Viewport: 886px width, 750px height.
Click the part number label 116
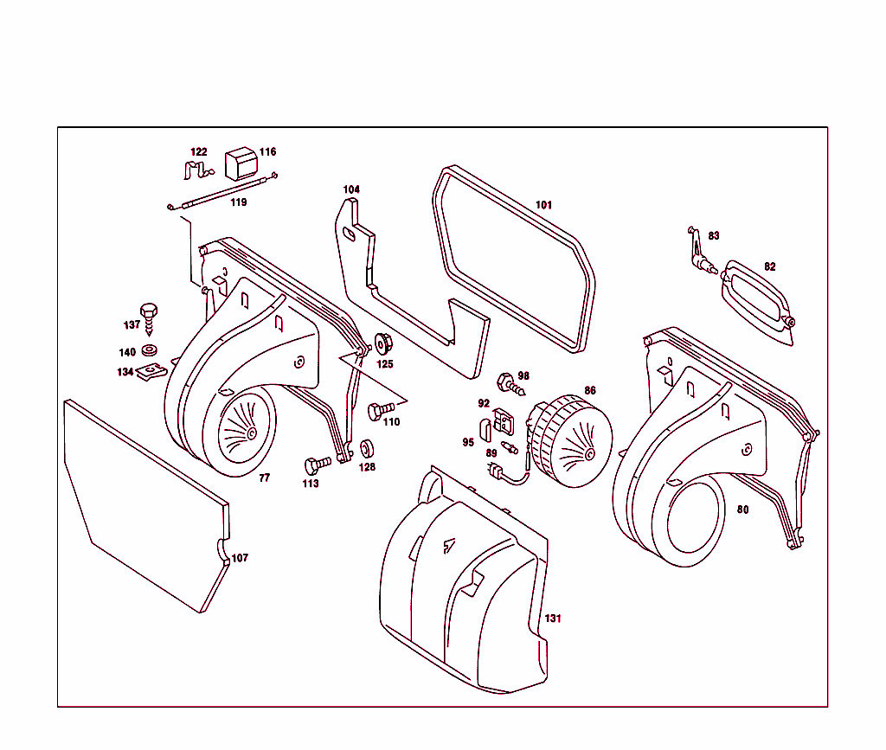tap(268, 152)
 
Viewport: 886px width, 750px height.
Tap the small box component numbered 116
tap(241, 162)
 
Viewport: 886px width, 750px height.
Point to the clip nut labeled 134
tap(152, 372)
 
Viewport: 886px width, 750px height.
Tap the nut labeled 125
tap(382, 343)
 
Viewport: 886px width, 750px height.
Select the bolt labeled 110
tap(377, 410)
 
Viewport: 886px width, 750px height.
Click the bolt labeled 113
tap(317, 465)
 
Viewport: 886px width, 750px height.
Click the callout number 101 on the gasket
tap(543, 205)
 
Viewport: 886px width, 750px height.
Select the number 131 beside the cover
tap(552, 619)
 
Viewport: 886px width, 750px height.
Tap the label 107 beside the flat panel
tap(240, 558)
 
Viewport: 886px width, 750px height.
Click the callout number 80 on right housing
tap(742, 509)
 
